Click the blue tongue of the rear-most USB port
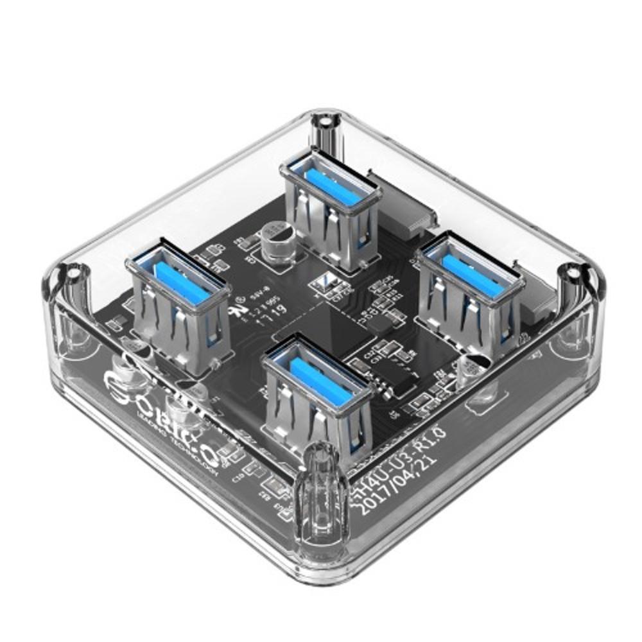click(x=331, y=184)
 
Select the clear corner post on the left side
click(x=71, y=302)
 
